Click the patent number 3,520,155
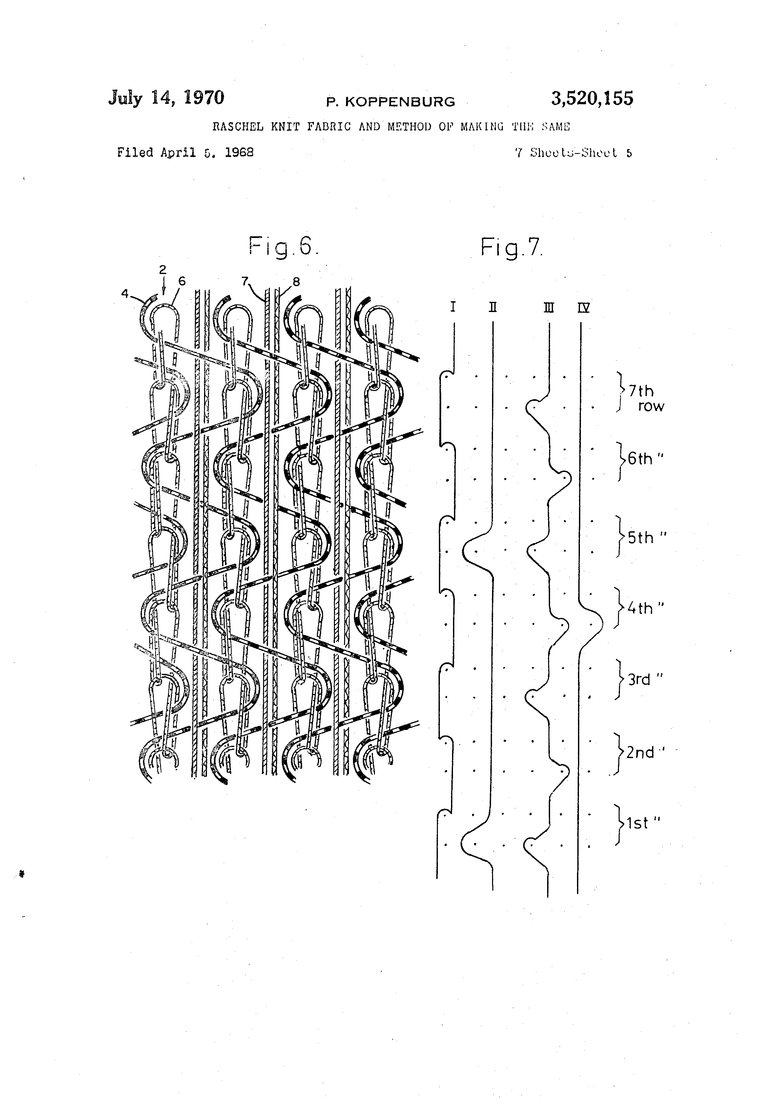coord(592,99)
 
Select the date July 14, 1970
coord(166,98)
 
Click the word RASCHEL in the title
coord(238,127)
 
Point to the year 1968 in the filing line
coord(239,153)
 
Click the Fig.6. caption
coord(283,247)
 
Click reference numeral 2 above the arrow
coord(163,270)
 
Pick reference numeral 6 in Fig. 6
coord(182,281)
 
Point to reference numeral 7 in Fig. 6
coord(244,281)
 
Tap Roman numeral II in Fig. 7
coord(493,307)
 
